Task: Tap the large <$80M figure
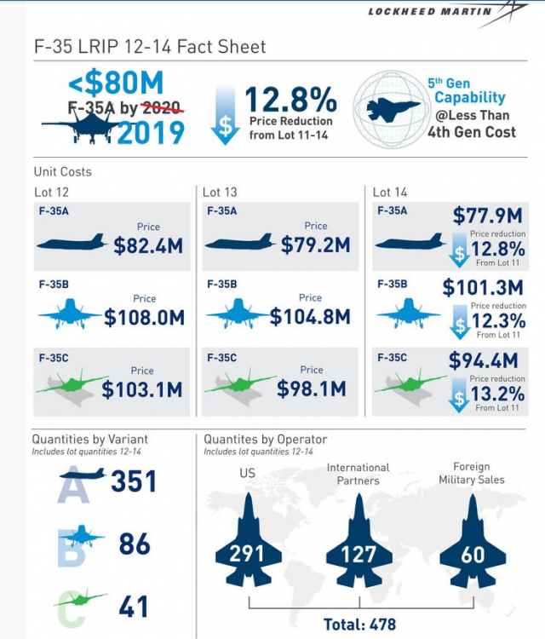tap(115, 83)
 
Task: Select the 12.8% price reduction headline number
tap(291, 101)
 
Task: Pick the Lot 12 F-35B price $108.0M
tap(145, 318)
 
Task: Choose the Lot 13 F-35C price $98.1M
tap(311, 389)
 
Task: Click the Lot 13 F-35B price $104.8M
tap(310, 317)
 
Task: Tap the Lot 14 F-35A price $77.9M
tap(487, 216)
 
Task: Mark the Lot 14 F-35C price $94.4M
tap(484, 360)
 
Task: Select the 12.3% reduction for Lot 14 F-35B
tap(498, 322)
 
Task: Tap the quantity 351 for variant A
tap(134, 482)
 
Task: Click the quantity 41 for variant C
tap(135, 607)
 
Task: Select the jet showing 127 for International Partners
tap(359, 545)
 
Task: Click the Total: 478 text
tap(360, 624)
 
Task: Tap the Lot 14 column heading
tap(392, 192)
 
